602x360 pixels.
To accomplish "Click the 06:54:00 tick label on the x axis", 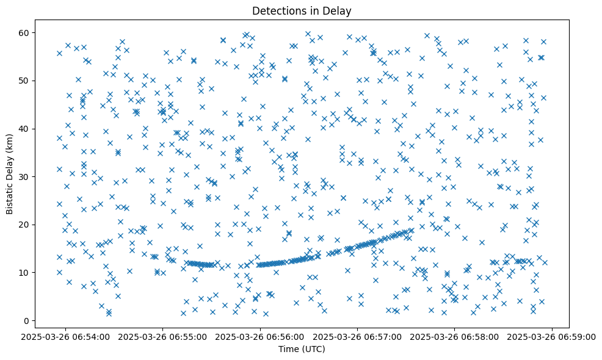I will (x=66, y=336).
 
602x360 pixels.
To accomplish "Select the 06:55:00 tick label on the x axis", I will (x=163, y=336).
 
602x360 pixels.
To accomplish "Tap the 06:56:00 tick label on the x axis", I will (x=261, y=336).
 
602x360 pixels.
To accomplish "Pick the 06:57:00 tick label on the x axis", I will (x=358, y=336).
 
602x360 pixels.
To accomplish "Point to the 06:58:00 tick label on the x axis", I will (x=455, y=336).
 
